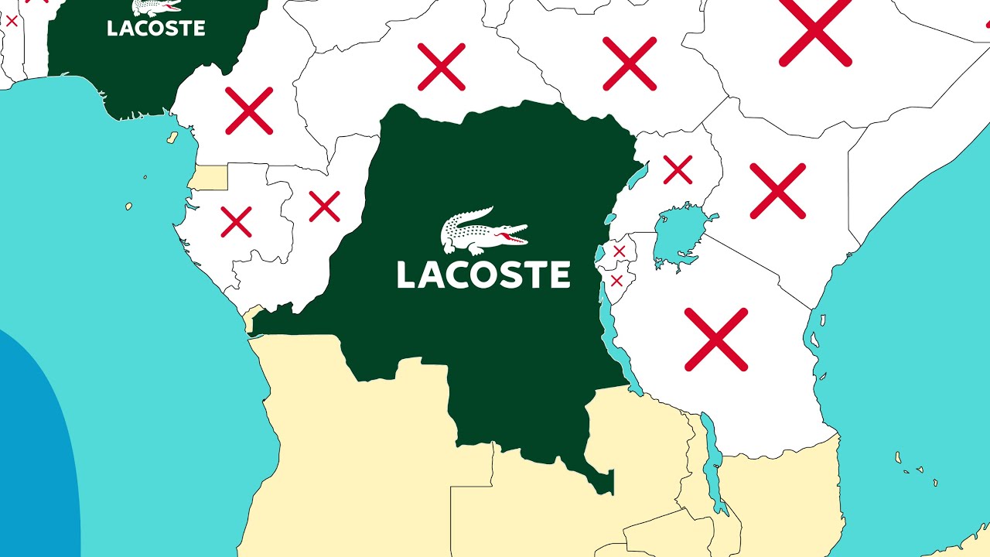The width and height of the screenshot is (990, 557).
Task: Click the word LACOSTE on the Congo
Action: (483, 275)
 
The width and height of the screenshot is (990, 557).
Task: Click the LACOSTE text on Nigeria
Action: (156, 29)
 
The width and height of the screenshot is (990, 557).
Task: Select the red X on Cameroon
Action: (249, 111)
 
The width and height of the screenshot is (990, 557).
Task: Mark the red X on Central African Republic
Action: (442, 67)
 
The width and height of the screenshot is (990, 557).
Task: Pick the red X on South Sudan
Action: (630, 63)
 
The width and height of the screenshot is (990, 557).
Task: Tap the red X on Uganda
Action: (678, 170)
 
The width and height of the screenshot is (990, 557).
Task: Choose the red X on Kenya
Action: (778, 190)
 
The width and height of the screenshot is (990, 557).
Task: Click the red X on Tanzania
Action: (716, 339)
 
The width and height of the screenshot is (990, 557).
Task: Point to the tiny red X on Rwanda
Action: (619, 251)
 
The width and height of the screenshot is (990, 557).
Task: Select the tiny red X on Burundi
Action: (616, 281)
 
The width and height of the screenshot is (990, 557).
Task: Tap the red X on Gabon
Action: (236, 221)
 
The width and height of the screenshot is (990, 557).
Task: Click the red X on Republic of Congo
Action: (324, 207)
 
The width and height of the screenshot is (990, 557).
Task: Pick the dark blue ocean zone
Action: (31, 464)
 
